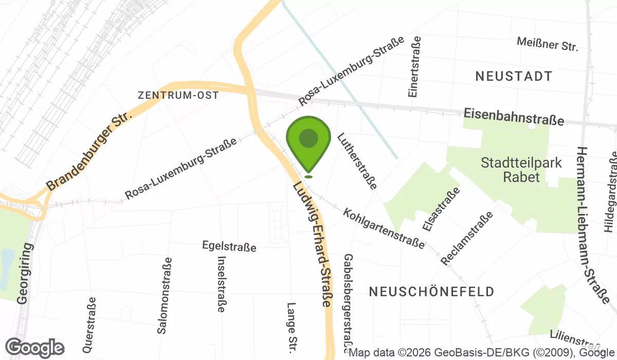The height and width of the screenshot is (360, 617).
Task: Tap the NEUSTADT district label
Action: tap(514, 77)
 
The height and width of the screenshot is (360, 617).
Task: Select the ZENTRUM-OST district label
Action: tap(178, 95)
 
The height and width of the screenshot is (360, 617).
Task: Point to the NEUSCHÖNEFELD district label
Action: tap(432, 292)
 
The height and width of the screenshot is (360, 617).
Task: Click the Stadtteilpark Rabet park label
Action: tap(515, 170)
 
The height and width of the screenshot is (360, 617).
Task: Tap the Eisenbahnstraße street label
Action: tap(514, 116)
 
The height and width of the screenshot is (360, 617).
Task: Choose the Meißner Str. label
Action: tap(548, 44)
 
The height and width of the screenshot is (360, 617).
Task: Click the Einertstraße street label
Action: tap(414, 67)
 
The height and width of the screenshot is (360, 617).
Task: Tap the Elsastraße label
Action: tap(441, 208)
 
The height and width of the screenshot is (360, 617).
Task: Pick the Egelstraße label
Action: tap(229, 247)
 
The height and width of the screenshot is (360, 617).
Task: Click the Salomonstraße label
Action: tap(165, 296)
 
